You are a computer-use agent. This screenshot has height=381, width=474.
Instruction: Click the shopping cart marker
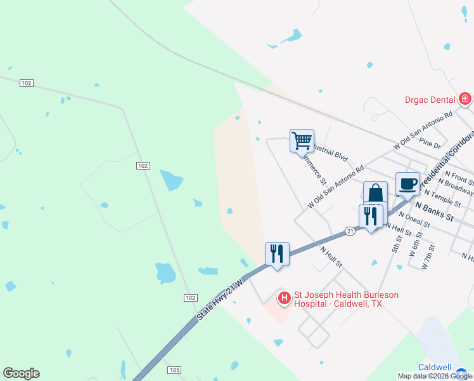pyautogui.click(x=302, y=140)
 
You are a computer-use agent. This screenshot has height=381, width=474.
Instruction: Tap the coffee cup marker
pyautogui.click(x=407, y=184)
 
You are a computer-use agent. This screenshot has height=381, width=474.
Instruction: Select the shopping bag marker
pyautogui.click(x=375, y=192)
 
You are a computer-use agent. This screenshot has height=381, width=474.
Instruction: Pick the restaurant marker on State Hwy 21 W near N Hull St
pyautogui.click(x=277, y=253)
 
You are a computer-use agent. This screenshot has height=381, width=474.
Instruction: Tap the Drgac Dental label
pyautogui.click(x=430, y=100)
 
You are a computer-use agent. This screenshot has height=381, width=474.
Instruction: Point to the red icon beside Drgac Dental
pyautogui.click(x=466, y=99)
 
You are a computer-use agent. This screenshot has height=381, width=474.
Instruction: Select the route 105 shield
pyautogui.click(x=175, y=370)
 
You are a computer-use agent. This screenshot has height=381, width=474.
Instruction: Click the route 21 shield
pyautogui.click(x=350, y=231)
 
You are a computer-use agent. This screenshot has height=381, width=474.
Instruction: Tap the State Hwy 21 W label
pyautogui.click(x=220, y=300)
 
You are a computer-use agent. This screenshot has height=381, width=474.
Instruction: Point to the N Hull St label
pyautogui.click(x=331, y=257)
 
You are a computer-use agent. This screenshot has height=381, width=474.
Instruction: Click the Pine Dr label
pyautogui.click(x=430, y=145)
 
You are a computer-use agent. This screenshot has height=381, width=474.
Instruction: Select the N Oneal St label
pyautogui.click(x=415, y=219)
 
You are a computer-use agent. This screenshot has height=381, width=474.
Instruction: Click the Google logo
pyautogui.click(x=21, y=373)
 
